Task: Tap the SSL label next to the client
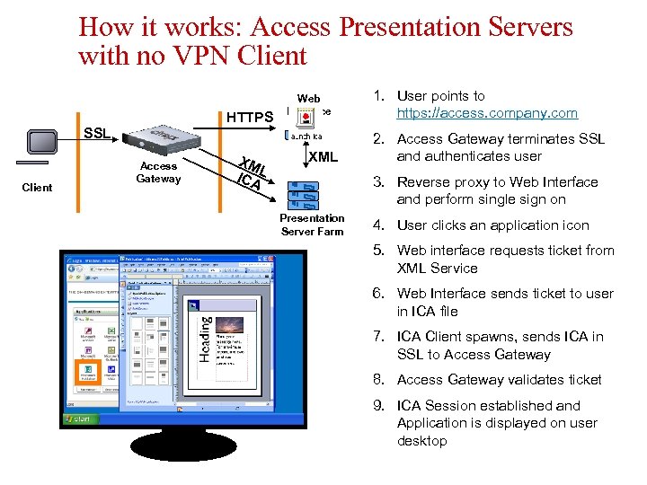[x=97, y=133]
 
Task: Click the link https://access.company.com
[x=487, y=113]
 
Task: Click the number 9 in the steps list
[x=379, y=405]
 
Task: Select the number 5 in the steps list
[x=379, y=251]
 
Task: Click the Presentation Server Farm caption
[x=311, y=225]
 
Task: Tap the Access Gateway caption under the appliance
[x=158, y=172]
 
